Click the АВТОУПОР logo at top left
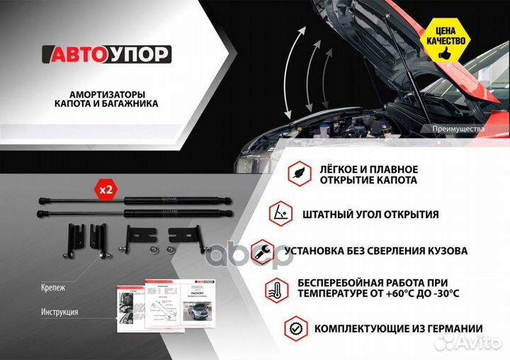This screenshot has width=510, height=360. (x=106, y=55)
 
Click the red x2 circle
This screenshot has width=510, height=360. (x=106, y=189)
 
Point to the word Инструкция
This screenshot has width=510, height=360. (x=59, y=312)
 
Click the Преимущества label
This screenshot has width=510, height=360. (x=458, y=129)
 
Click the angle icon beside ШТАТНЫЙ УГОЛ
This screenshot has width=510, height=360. (x=280, y=213)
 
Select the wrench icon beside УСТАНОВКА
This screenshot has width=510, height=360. (x=261, y=250)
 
